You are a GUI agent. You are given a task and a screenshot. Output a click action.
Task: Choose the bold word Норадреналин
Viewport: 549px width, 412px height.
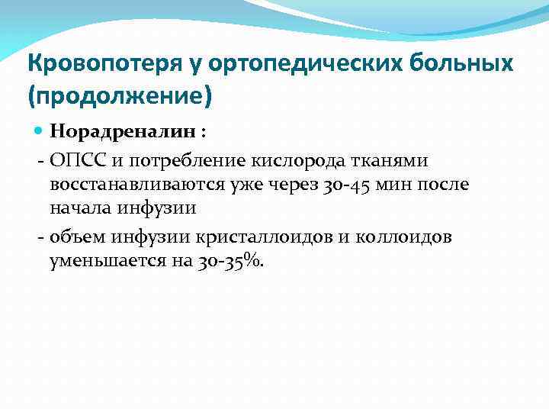[x=113, y=132]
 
